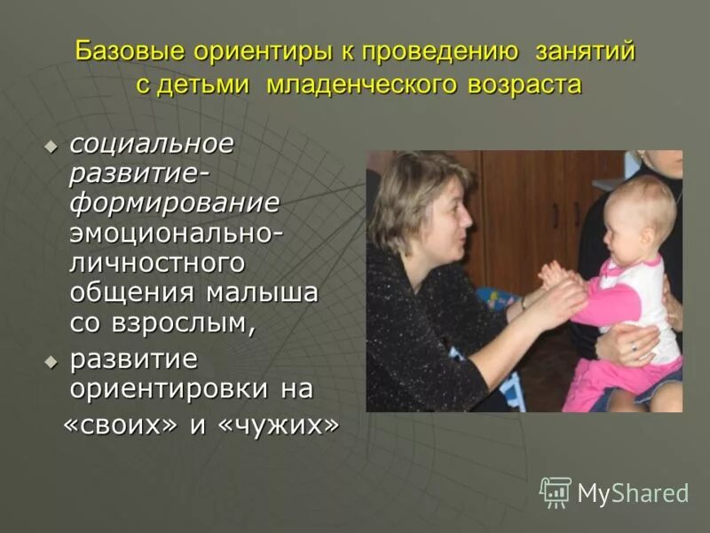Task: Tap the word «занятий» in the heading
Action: (585, 52)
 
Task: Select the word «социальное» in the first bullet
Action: (152, 143)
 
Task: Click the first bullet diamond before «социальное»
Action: (51, 145)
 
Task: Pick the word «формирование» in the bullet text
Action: (174, 203)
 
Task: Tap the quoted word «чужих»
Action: (277, 426)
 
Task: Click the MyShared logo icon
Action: (556, 492)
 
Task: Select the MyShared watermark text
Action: (633, 494)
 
